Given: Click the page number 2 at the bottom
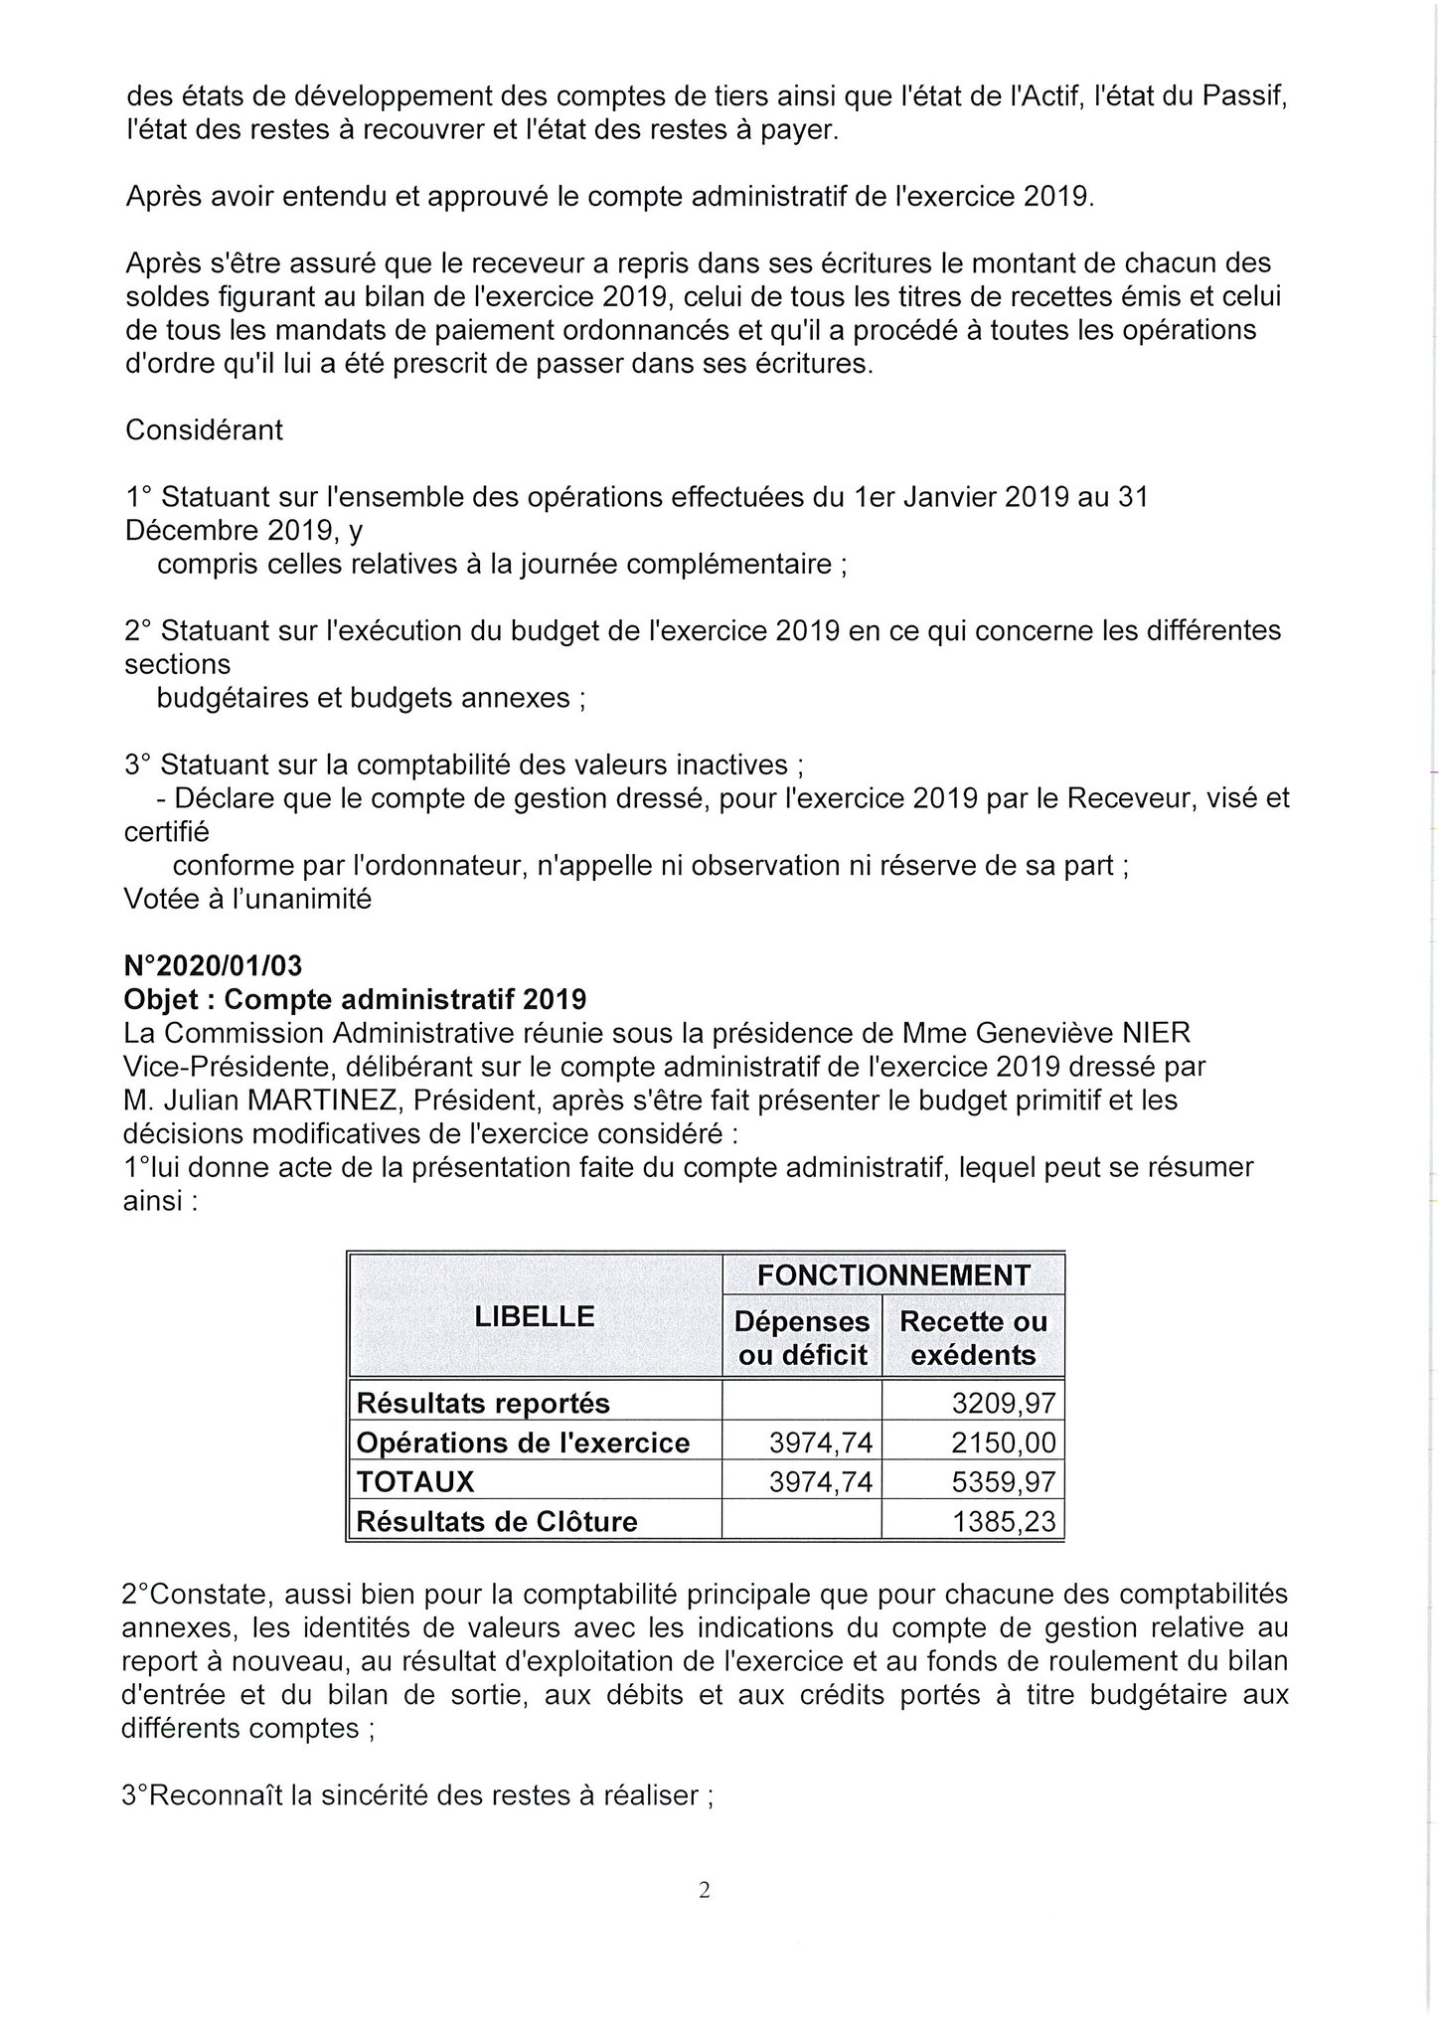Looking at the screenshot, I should click(x=705, y=1890).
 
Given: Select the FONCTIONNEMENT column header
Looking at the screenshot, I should click(x=893, y=1273).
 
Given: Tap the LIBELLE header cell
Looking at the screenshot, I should click(x=535, y=1316).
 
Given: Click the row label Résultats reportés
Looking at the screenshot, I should click(x=483, y=1404).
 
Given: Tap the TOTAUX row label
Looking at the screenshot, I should click(x=415, y=1482).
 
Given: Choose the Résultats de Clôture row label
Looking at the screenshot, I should click(x=497, y=1521).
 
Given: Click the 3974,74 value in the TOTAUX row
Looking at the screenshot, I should click(x=821, y=1482).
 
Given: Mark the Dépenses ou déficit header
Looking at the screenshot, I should click(x=802, y=1338).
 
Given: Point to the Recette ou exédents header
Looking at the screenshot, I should click(x=973, y=1338).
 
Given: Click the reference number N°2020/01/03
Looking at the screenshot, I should click(x=213, y=965).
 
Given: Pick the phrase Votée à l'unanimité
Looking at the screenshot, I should click(x=247, y=899).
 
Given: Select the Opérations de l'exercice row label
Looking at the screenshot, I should click(x=523, y=1442).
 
